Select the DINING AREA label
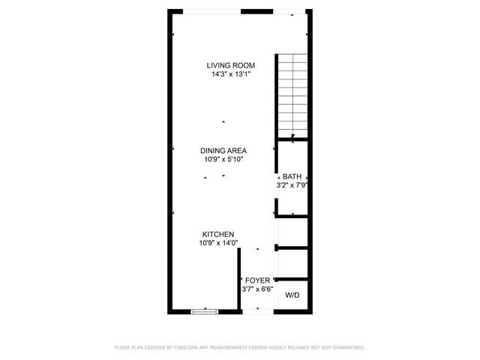pyautogui.click(x=223, y=150)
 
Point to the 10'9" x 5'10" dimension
pyautogui.click(x=223, y=159)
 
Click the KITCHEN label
pyautogui.click(x=217, y=234)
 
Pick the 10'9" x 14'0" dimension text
pyautogui.click(x=217, y=243)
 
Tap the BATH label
pyautogui.click(x=292, y=176)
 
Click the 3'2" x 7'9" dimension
pyautogui.click(x=292, y=185)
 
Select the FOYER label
pyautogui.click(x=257, y=280)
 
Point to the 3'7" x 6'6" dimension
pyautogui.click(x=257, y=289)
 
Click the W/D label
pyautogui.click(x=292, y=295)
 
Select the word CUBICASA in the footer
pyautogui.click(x=187, y=347)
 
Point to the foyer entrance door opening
pyautogui.click(x=257, y=310)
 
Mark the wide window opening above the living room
pyautogui.click(x=214, y=11)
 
